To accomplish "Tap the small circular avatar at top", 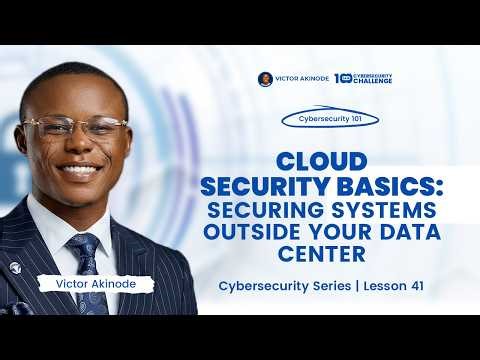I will click(265, 78).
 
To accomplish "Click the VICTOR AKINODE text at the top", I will click(301, 78).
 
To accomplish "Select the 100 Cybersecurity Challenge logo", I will click(364, 78).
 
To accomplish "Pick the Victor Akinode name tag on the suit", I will click(95, 284).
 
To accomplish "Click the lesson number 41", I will click(416, 286).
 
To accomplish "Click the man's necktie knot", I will click(83, 243).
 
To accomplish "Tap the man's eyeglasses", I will click(75, 127).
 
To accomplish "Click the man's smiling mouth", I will click(78, 170).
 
